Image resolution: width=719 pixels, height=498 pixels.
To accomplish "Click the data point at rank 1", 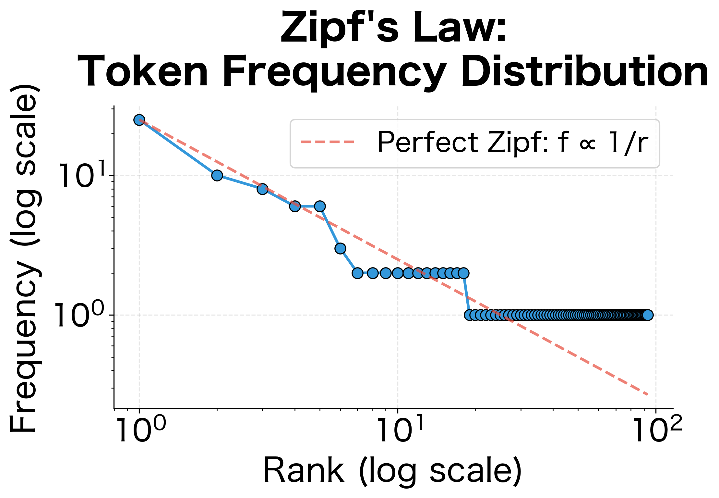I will click(x=139, y=120).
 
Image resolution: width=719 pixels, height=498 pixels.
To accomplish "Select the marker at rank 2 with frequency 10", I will click(x=217, y=175).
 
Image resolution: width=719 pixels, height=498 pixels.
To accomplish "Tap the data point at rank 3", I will click(x=262, y=189).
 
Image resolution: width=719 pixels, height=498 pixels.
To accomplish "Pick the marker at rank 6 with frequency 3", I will click(x=340, y=248).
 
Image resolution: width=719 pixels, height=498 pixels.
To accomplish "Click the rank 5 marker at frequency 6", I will click(x=320, y=206).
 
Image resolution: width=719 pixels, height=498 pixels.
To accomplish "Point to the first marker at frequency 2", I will click(x=357, y=273).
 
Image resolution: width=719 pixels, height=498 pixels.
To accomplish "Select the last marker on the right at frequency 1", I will click(x=647, y=315).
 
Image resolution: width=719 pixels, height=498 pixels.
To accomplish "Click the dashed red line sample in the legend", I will click(x=328, y=142).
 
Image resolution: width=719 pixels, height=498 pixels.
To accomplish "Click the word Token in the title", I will click(x=143, y=72).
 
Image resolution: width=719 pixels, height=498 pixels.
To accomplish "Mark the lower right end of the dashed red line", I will click(x=647, y=395).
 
